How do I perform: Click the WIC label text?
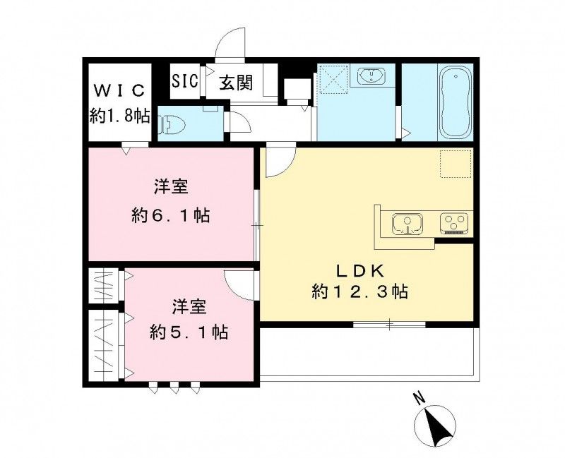(119, 90)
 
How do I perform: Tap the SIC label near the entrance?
(186, 80)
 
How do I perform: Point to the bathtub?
(451, 103)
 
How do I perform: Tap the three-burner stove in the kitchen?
(454, 224)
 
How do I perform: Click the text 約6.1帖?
(170, 215)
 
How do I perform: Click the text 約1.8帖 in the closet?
(119, 115)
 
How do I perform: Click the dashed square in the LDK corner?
(454, 163)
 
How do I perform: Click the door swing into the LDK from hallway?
(276, 162)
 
